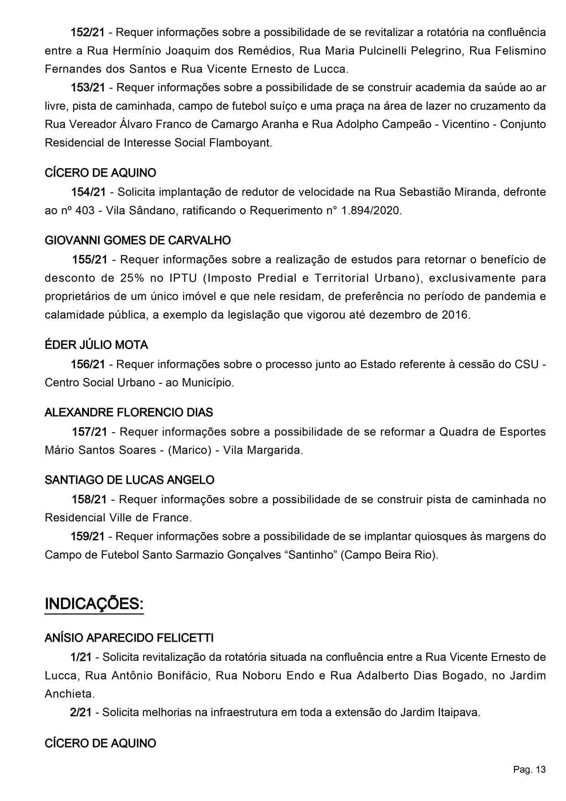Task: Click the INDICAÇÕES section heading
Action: point(94,604)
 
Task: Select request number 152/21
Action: point(87,32)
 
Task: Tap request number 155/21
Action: point(89,260)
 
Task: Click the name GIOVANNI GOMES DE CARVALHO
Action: point(138,241)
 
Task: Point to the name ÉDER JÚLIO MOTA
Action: point(96,345)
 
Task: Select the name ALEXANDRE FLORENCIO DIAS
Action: point(129,413)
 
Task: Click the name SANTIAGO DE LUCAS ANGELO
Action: point(130,480)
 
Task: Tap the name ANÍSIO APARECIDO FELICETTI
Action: point(129,638)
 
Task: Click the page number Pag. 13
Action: point(529,770)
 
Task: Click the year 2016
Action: point(455,315)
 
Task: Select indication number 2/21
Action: point(81,712)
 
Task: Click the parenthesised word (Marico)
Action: point(189,450)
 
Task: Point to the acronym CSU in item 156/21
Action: point(527,364)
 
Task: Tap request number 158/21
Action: point(89,499)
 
